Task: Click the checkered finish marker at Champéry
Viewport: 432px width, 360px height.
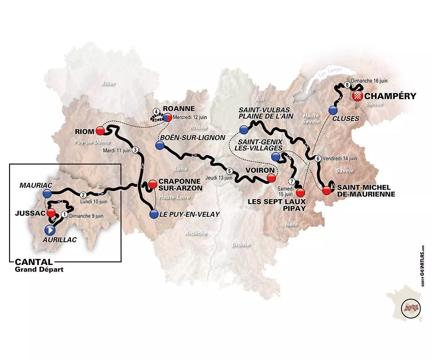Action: click(x=358, y=96)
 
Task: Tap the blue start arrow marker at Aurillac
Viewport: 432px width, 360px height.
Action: click(x=50, y=229)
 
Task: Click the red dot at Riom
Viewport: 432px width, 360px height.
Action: click(x=100, y=130)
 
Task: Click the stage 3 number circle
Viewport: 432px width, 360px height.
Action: click(x=135, y=150)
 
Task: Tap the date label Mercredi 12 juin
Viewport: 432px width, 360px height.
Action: click(x=187, y=117)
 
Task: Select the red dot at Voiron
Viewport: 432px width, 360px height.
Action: click(x=271, y=177)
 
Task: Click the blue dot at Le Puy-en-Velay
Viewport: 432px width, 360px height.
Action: click(x=154, y=215)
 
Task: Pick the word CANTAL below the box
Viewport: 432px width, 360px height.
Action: click(x=31, y=262)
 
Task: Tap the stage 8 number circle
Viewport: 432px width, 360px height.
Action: click(x=347, y=85)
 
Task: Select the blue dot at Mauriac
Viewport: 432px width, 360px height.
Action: click(x=47, y=194)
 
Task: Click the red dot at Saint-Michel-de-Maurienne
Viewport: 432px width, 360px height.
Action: click(x=326, y=190)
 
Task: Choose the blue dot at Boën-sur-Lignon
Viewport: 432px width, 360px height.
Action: click(x=160, y=145)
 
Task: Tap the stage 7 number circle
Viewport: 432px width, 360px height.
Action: click(x=292, y=181)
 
